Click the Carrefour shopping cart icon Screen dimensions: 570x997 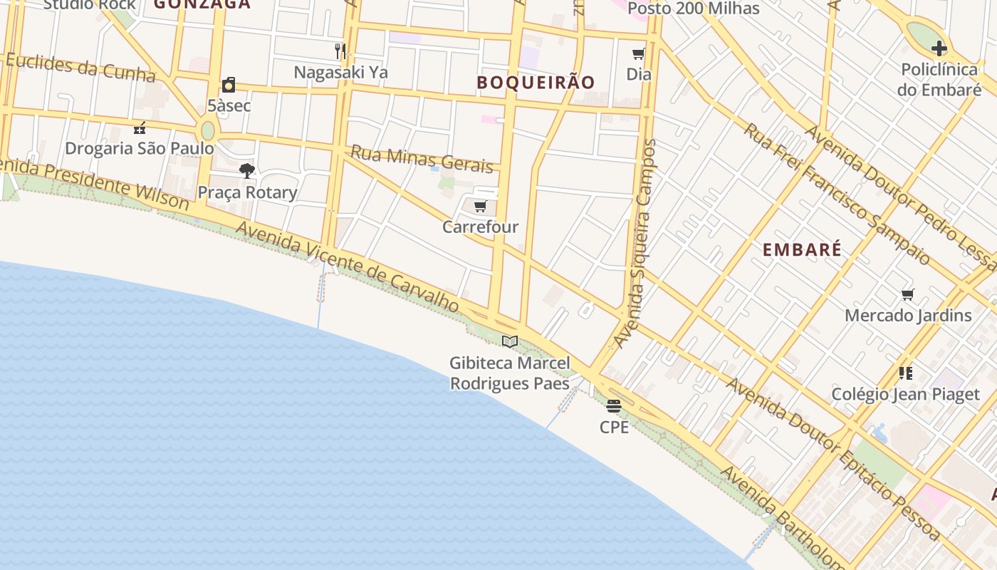point(480,207)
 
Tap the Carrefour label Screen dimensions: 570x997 point(480,227)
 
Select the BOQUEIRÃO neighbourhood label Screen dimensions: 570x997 point(536,83)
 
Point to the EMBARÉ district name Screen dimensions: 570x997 point(802,249)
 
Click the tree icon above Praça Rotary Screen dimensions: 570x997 point(247,171)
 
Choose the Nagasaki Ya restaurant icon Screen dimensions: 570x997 point(340,51)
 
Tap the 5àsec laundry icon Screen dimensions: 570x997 point(229,85)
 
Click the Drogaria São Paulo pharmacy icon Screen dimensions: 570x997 point(140,128)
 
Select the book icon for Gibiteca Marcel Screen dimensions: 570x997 point(509,342)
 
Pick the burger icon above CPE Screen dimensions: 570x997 point(614,406)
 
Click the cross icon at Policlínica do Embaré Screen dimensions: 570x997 point(939,48)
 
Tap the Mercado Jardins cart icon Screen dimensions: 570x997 point(908,294)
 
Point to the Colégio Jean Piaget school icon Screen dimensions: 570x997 point(906,373)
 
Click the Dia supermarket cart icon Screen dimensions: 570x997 point(639,53)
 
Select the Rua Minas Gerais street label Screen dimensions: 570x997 point(422,160)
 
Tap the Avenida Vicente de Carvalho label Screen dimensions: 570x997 point(347,266)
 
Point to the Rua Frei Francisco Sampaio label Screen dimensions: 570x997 point(836,193)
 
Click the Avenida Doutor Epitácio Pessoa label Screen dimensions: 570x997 point(833,460)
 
